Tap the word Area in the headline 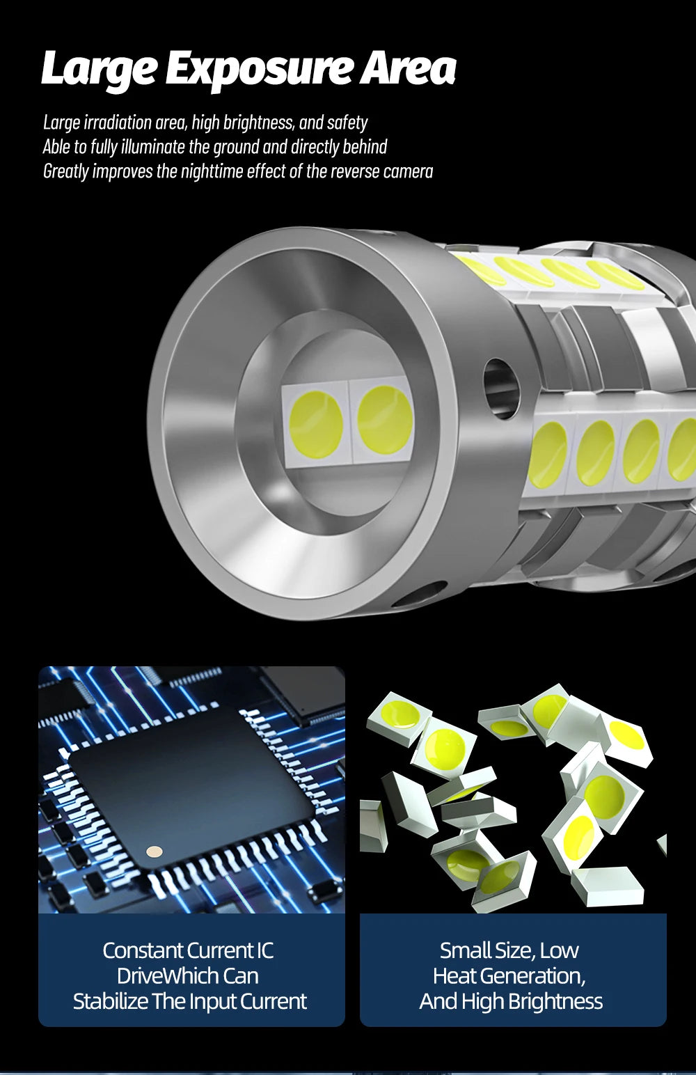[x=408, y=69]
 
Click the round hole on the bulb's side [x=501, y=389]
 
